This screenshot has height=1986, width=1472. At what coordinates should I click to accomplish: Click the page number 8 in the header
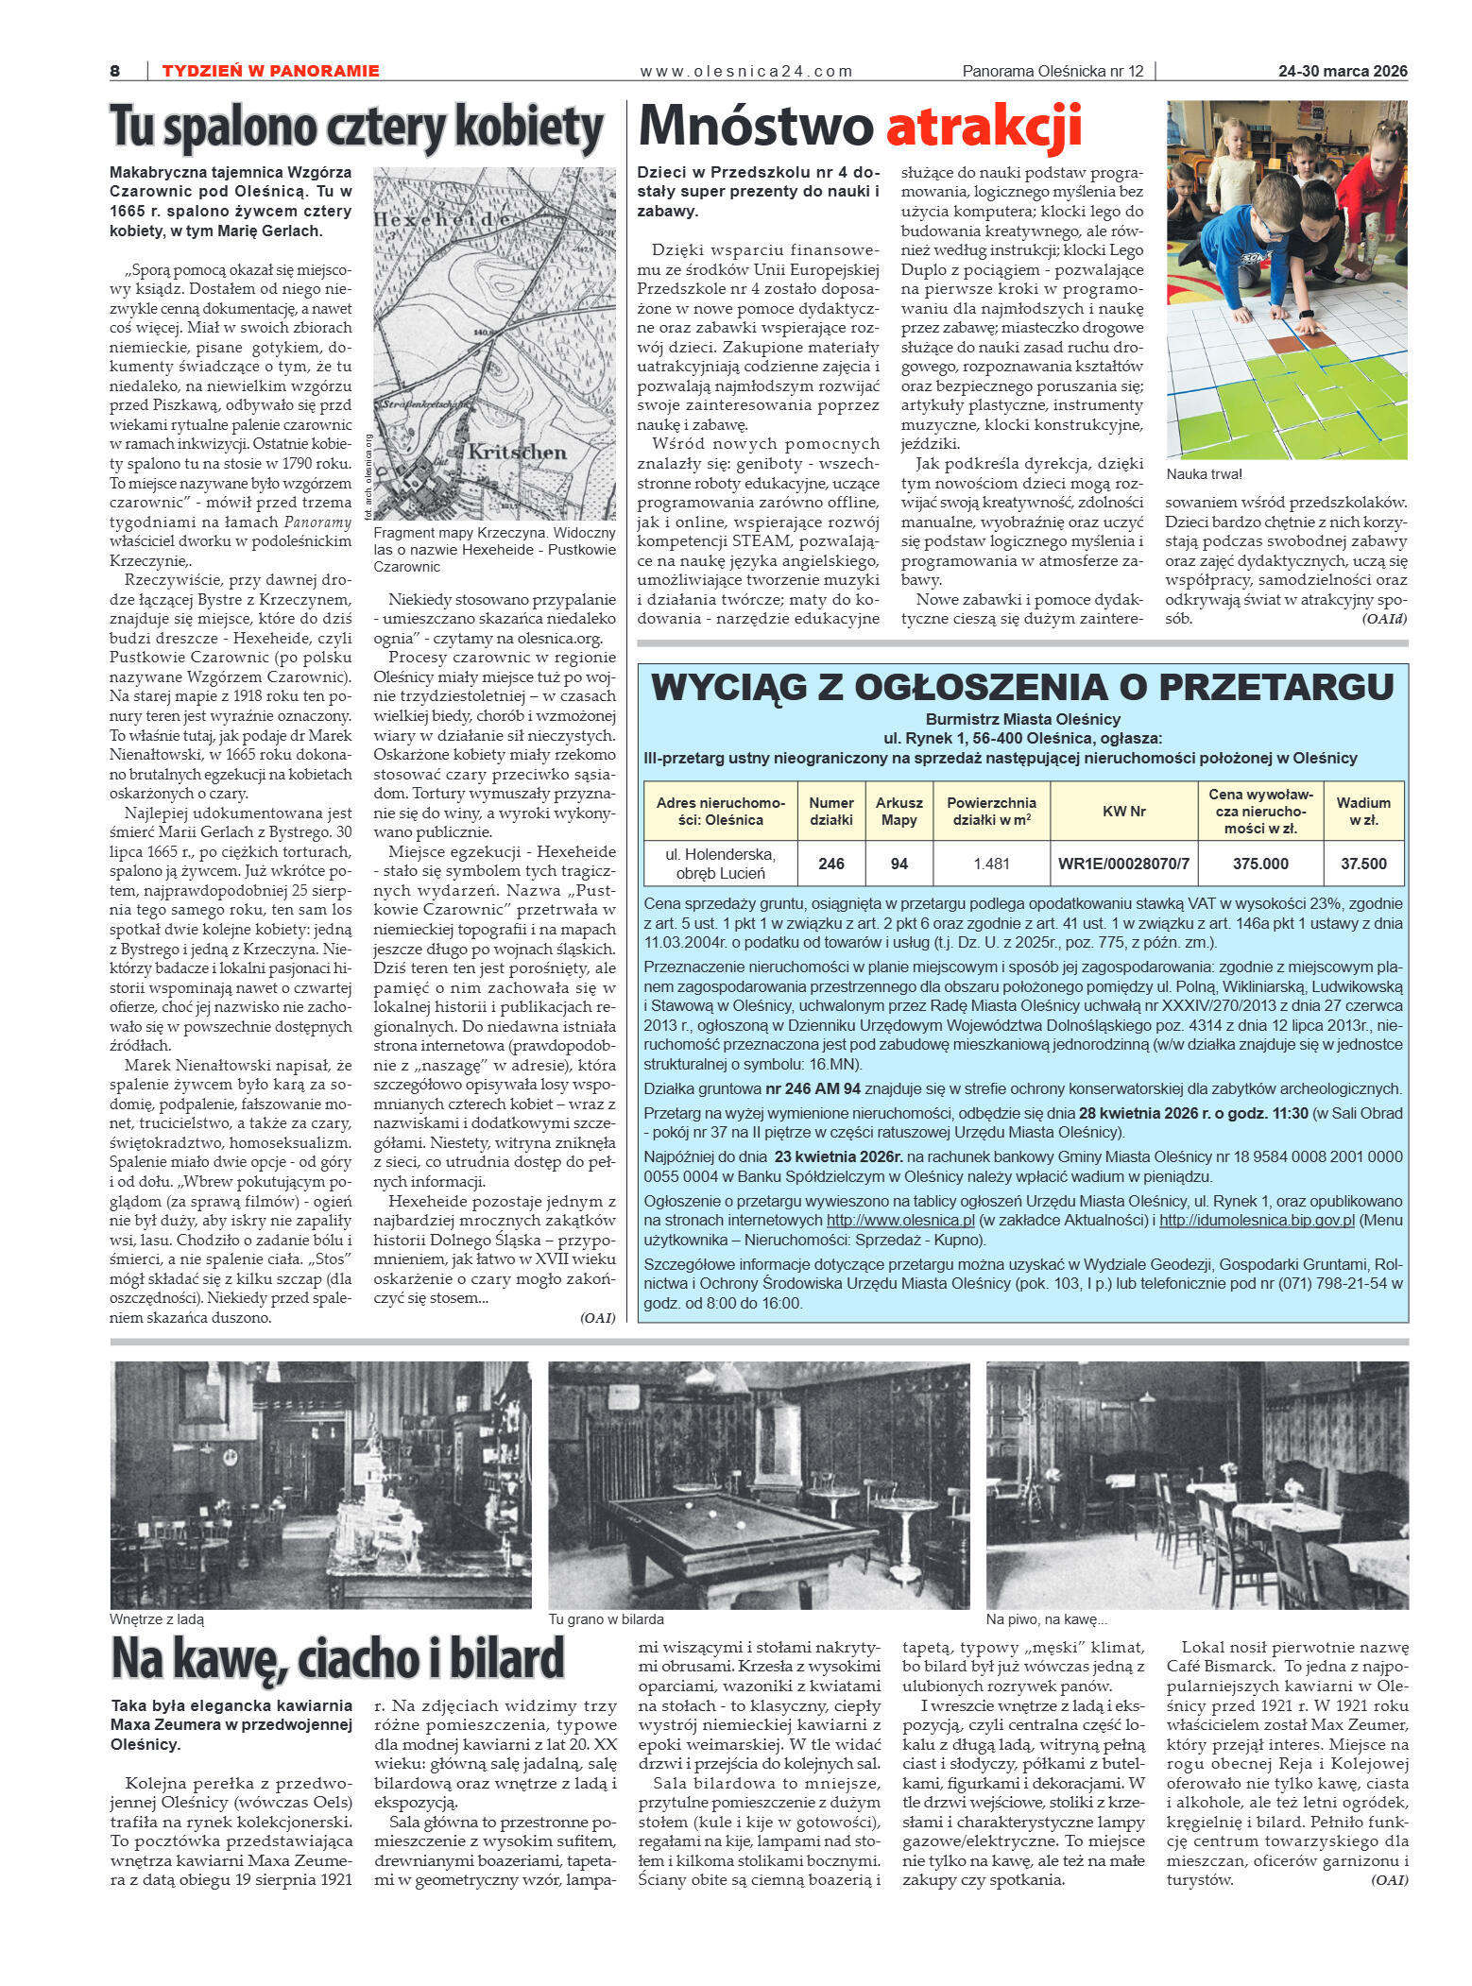point(115,71)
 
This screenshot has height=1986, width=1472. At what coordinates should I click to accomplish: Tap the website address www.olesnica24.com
point(745,71)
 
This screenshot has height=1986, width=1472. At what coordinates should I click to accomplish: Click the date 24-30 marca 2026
point(1342,71)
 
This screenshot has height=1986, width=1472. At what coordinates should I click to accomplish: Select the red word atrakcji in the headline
point(984,128)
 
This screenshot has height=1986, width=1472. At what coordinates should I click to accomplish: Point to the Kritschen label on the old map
point(517,452)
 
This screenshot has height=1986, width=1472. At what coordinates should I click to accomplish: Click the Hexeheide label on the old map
point(444,220)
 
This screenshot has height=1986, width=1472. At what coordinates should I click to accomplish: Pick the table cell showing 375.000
point(1259,864)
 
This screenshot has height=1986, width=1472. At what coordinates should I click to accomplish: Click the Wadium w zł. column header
point(1362,811)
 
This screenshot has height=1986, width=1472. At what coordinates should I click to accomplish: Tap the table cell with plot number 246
point(830,864)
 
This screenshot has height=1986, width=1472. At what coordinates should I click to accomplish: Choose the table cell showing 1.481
point(991,864)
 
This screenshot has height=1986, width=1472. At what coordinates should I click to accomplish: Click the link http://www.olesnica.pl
point(899,1221)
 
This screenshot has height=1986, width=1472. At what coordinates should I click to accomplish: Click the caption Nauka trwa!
point(1204,474)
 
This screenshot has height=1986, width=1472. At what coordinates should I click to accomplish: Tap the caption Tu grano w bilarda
point(606,1619)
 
